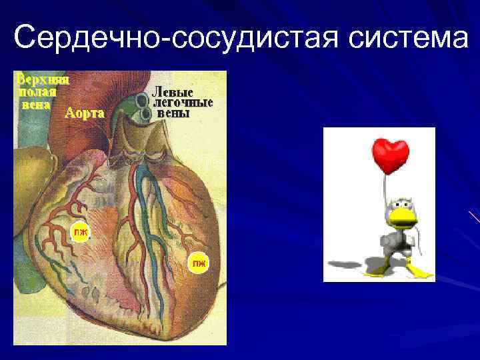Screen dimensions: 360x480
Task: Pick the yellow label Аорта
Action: pos(85,113)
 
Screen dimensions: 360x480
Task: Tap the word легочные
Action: pos(183,103)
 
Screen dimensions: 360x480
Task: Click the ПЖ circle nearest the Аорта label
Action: pos(80,231)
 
